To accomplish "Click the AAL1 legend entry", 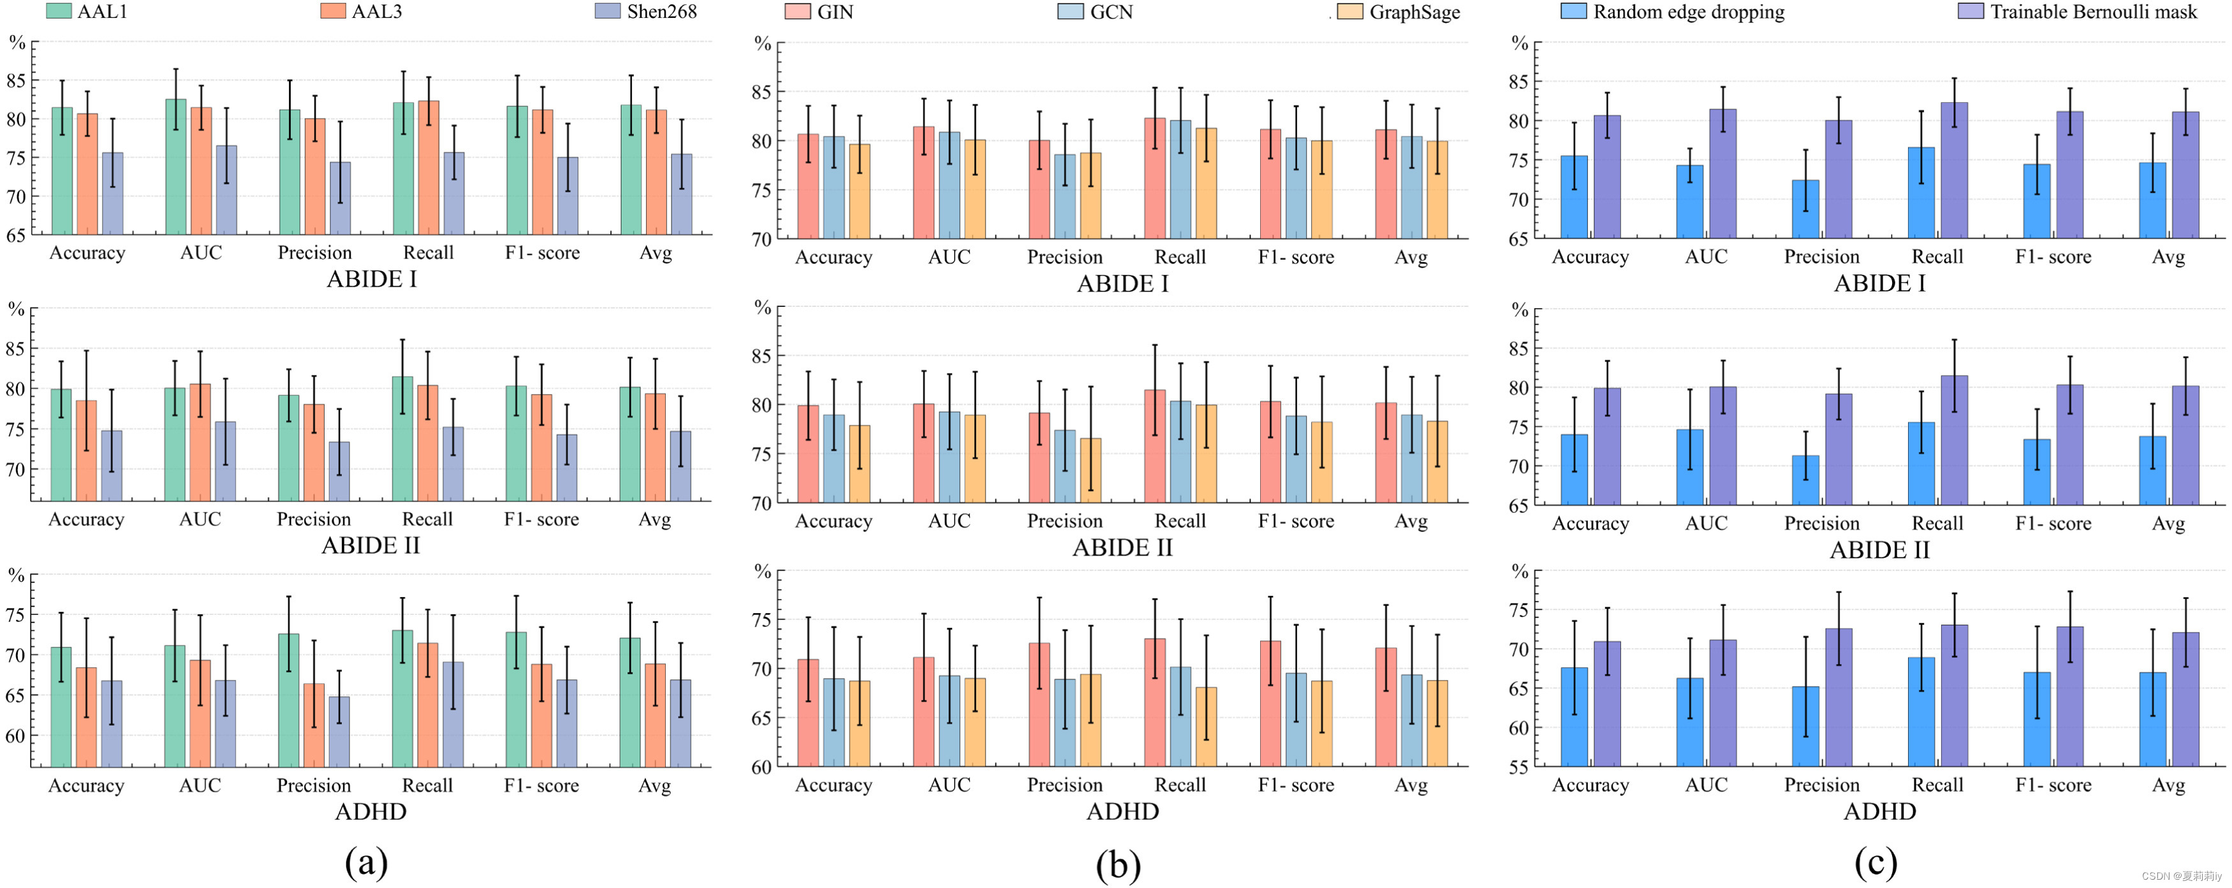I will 87,11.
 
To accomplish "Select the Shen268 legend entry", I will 645,11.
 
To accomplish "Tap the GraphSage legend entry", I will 1399,12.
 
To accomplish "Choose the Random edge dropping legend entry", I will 1672,11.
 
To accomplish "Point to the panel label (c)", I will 1876,862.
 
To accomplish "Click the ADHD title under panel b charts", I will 1122,811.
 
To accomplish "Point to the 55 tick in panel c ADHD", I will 1518,767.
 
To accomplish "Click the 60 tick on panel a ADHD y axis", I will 15,736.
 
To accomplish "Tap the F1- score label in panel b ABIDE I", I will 1295,257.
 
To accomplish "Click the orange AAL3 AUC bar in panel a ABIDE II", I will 200,443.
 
